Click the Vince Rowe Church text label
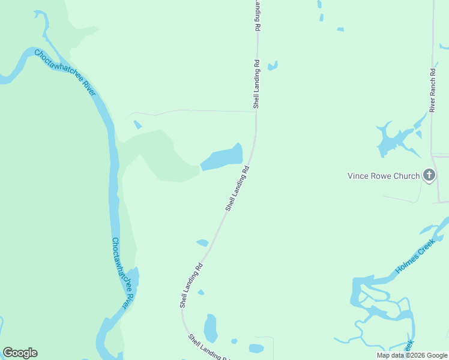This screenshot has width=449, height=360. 384,176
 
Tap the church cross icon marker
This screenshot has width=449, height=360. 429,175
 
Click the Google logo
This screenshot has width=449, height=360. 20,352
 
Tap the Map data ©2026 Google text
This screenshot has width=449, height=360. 412,355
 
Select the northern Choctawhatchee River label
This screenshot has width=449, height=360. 65,72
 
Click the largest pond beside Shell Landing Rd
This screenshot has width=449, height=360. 221,159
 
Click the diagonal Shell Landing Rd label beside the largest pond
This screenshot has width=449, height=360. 237,189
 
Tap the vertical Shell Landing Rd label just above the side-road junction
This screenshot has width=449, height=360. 256,83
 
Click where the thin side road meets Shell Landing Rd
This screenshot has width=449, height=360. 256,110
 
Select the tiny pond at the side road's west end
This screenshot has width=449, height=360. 138,125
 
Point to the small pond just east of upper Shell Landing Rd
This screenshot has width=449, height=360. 273,65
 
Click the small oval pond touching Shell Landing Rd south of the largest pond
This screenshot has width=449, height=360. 202,242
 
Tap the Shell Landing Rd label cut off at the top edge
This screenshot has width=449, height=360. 258,15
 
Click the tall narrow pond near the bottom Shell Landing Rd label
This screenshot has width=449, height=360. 210,328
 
